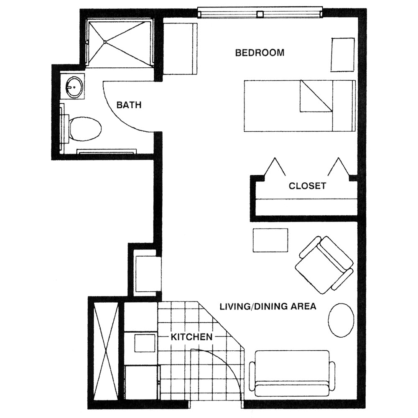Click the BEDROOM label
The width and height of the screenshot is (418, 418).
tap(260, 53)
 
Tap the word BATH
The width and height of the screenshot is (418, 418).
tap(129, 105)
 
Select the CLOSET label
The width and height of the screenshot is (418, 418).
tap(307, 186)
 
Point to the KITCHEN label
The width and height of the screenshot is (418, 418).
tap(191, 337)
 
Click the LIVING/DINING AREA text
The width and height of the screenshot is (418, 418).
tap(268, 306)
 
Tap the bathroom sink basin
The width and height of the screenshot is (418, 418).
tap(74, 87)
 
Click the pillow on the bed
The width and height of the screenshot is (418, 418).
tap(316, 97)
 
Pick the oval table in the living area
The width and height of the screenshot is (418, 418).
tap(341, 320)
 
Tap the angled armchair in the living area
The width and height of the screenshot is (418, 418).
tap(324, 265)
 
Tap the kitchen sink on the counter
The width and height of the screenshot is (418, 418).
tap(144, 343)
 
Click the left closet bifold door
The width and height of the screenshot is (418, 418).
tap(274, 167)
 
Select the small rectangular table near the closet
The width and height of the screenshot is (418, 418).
tap(270, 240)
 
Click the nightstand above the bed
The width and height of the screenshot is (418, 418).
tap(343, 55)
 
